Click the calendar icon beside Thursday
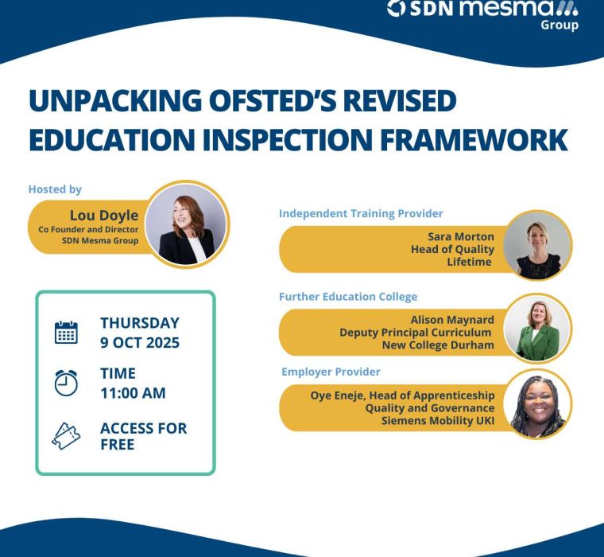tap(66, 332)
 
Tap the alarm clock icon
tap(66, 383)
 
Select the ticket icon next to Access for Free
tap(66, 436)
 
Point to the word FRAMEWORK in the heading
tap(474, 139)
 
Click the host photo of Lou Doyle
tap(187, 224)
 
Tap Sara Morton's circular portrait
tap(537, 245)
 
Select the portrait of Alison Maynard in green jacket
tap(537, 329)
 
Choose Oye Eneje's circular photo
tap(537, 403)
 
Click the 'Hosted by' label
tap(55, 189)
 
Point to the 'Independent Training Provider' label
tap(361, 213)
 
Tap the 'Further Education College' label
tap(348, 297)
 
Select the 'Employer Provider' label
tap(331, 372)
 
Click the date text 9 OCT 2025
tap(140, 342)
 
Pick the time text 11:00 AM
tap(134, 393)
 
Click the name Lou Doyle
tap(104, 215)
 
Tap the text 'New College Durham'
tap(438, 345)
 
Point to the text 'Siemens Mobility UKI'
tap(438, 420)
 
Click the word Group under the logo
tap(559, 25)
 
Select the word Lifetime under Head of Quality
tap(469, 262)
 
